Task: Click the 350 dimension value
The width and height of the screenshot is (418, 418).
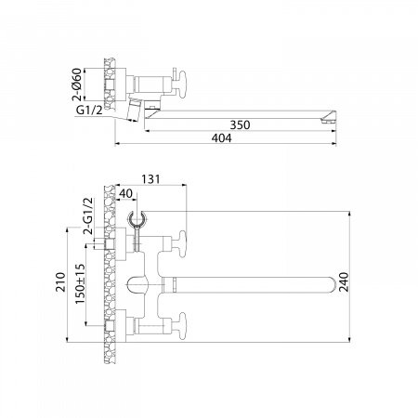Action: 240,124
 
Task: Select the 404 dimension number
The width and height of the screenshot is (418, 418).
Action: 221,138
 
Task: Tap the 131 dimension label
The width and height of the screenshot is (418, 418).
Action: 150,179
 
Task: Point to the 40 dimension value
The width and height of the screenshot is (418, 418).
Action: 125,193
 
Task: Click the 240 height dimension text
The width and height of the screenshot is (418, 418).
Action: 344,281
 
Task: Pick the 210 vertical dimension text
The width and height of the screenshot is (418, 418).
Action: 60,281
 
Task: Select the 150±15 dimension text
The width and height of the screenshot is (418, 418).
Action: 80,283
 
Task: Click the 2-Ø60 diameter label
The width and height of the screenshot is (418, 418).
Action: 77,85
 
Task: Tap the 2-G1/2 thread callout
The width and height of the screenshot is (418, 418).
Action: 88,216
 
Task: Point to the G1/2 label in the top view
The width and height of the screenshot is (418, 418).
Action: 89,110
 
